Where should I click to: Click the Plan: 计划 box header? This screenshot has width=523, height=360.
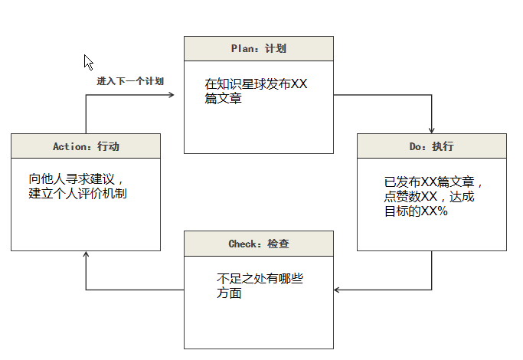[x=259, y=48]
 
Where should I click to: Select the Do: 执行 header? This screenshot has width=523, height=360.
[x=432, y=146]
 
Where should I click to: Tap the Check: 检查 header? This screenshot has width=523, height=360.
[x=259, y=244]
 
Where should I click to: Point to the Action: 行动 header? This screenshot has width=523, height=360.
[x=86, y=146]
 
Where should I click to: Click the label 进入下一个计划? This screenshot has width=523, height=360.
[x=129, y=80]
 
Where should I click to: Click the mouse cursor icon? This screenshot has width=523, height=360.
[x=89, y=62]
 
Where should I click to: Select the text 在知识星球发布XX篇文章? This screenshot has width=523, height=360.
[x=256, y=91]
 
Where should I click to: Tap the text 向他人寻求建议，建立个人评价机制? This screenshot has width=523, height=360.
[x=77, y=186]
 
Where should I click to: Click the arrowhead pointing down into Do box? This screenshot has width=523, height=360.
[x=432, y=129]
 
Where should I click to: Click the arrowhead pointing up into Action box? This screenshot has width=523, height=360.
[x=86, y=255]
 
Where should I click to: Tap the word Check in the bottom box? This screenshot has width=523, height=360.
[x=244, y=244]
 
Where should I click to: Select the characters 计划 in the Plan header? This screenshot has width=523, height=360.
[x=276, y=48]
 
